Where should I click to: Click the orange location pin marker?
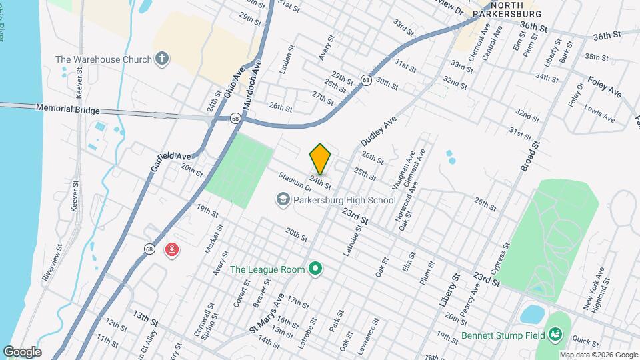[321, 159]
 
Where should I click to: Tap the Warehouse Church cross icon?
[161, 59]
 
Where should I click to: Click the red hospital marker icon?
[172, 250]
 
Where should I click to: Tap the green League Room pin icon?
[316, 269]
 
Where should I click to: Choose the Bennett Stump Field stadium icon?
[554, 334]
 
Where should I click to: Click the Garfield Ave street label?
[171, 156]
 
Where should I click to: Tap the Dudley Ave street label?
[379, 131]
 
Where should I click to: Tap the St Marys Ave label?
[267, 313]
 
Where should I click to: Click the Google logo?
[22, 351]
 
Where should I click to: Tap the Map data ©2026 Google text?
[598, 355]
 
